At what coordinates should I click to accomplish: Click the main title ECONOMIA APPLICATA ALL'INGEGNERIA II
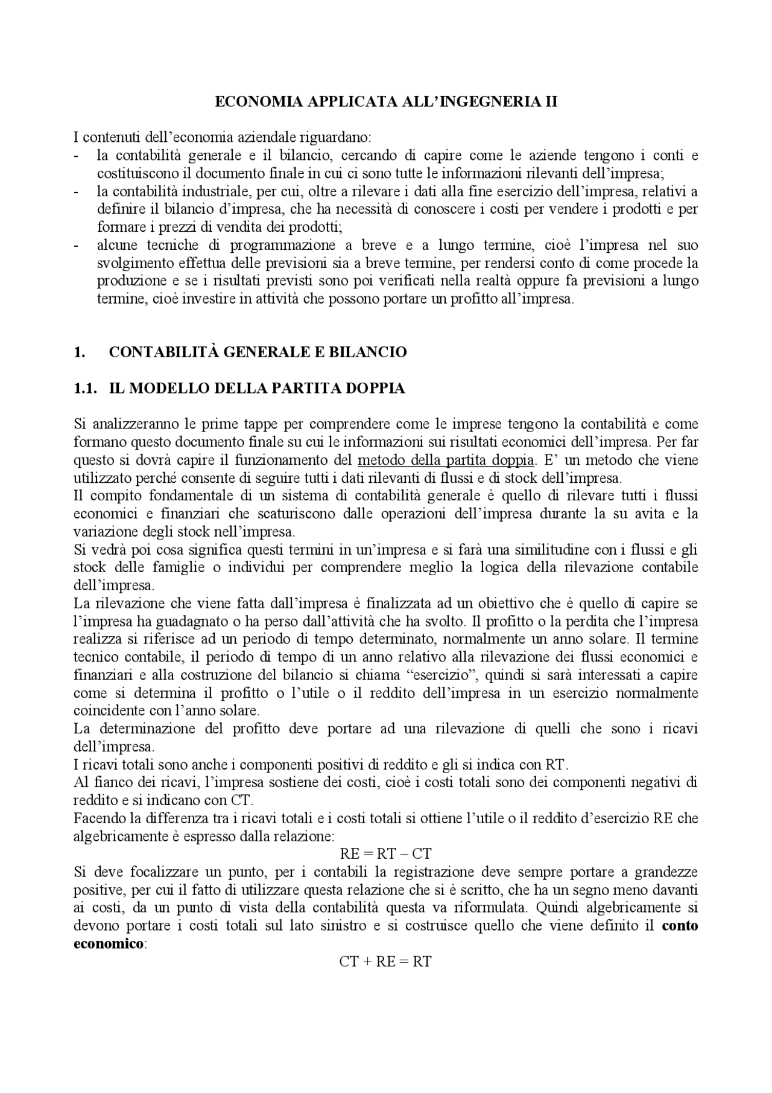[386, 102]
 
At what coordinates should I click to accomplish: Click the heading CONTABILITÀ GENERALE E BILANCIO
[258, 352]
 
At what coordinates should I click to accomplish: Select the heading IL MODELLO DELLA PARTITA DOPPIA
[256, 388]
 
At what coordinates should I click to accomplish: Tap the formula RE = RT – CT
[385, 853]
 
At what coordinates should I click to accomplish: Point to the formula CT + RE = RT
[385, 961]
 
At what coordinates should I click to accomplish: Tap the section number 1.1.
[85, 388]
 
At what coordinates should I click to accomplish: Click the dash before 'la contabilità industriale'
[76, 192]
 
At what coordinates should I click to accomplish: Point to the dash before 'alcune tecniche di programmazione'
[76, 246]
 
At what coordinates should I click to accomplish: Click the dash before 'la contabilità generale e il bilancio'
[76, 156]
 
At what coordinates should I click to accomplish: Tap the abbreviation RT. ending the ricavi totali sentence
[556, 764]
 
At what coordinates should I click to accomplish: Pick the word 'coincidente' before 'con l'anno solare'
[107, 710]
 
